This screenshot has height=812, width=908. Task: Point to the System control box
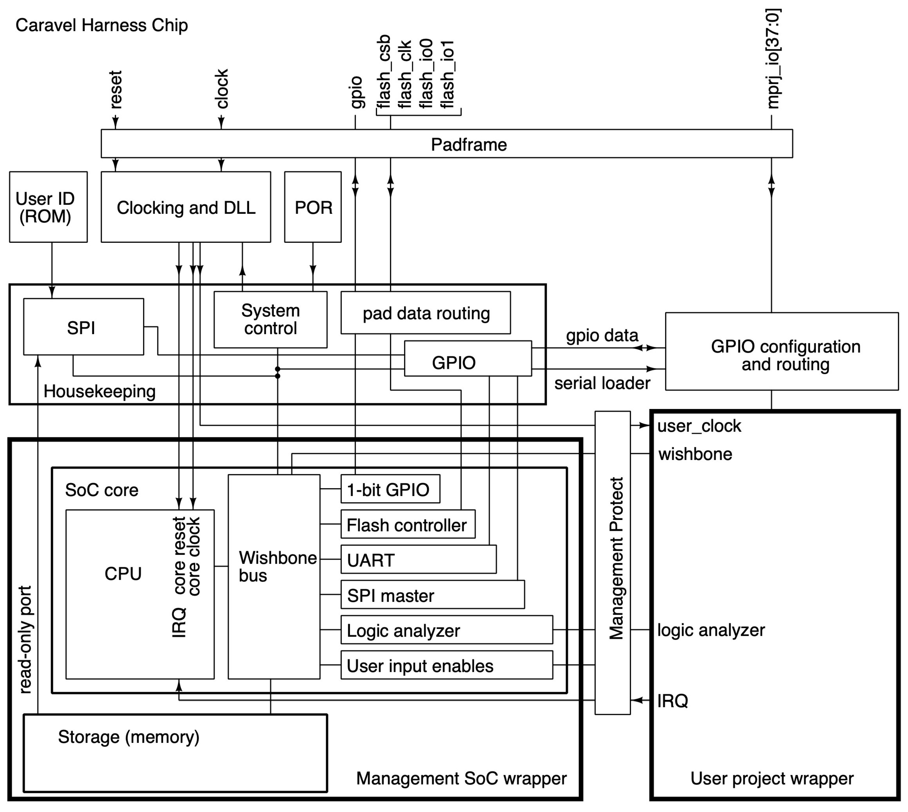270,320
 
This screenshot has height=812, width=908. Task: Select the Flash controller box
407,525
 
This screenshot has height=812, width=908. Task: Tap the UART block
418,560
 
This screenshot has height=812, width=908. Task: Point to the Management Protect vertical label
616,558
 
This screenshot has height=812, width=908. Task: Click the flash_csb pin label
384,71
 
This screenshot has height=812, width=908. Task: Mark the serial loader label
602,383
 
